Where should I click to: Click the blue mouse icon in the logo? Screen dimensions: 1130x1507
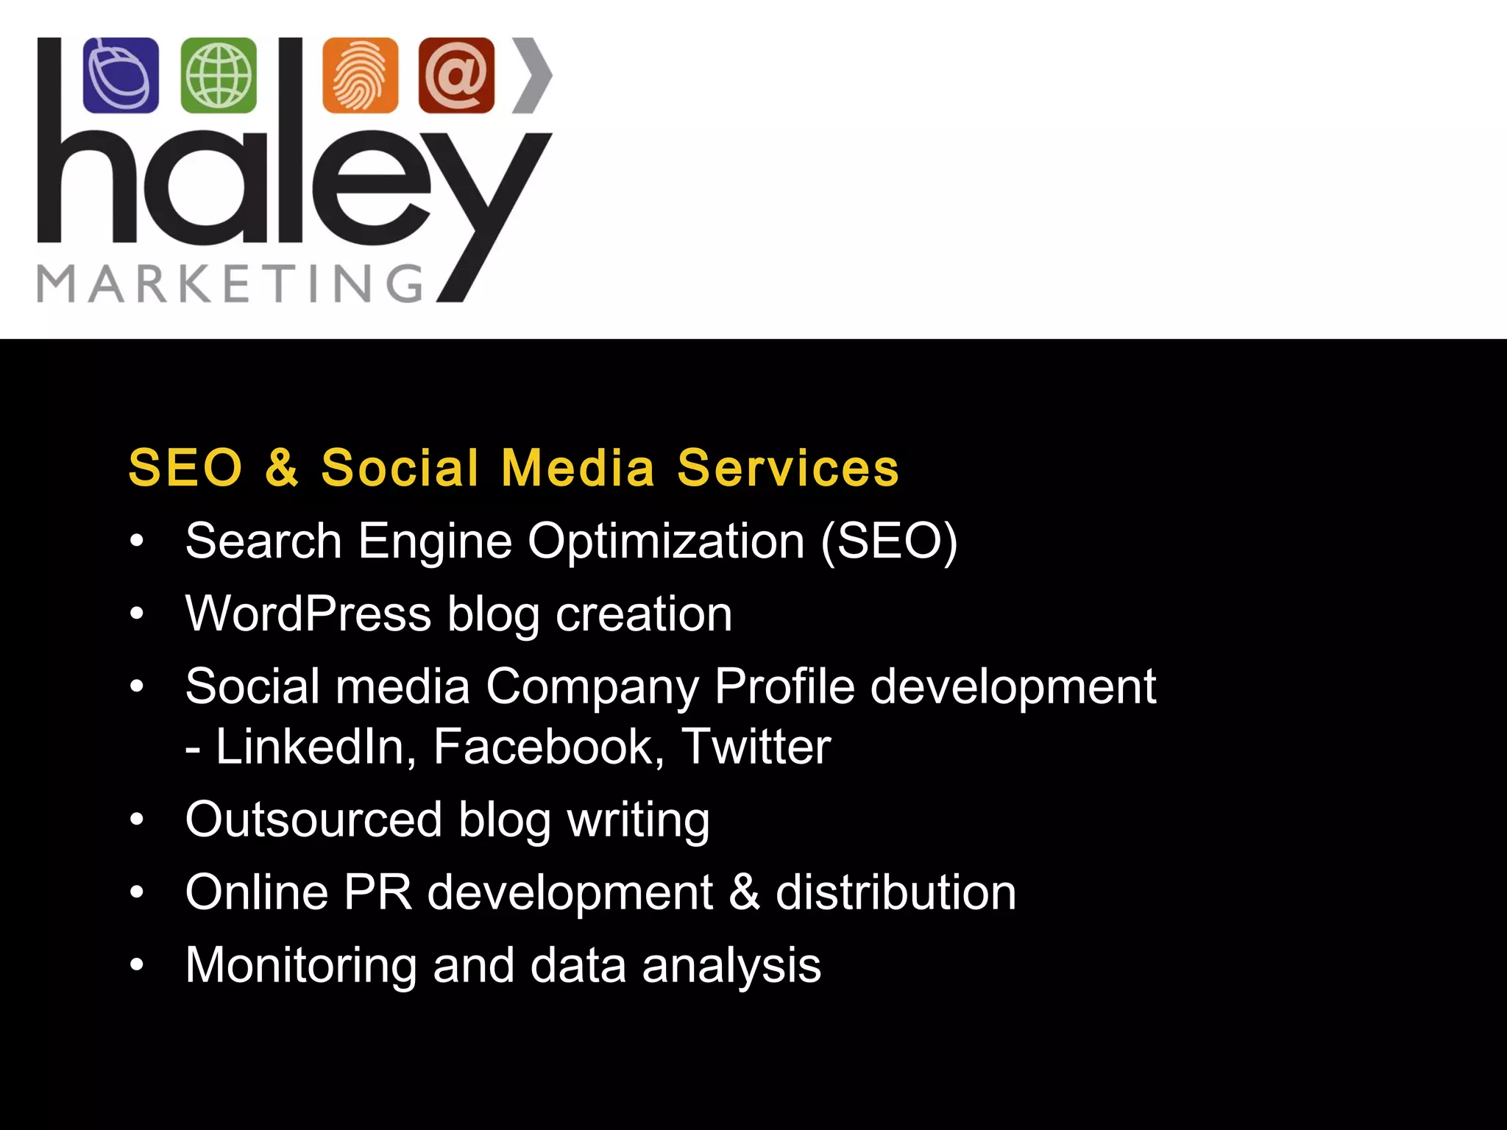pyautogui.click(x=121, y=76)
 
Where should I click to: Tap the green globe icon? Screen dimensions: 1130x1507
pyautogui.click(x=219, y=76)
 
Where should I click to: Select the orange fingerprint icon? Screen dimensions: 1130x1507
pyautogui.click(x=360, y=76)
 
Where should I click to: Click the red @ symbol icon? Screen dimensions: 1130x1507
pyautogui.click(x=456, y=76)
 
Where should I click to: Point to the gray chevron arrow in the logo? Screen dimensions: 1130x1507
pyautogui.click(x=533, y=76)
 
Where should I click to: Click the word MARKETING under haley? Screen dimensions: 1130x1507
pyautogui.click(x=230, y=284)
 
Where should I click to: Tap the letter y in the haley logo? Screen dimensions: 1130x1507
pyautogui.click(x=486, y=213)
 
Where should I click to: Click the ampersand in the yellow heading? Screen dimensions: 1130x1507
pyautogui.click(x=282, y=468)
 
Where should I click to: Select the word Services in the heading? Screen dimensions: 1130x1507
pyautogui.click(x=788, y=468)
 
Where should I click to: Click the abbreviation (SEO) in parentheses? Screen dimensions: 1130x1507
pyautogui.click(x=889, y=541)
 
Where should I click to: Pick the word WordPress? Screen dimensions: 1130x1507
pyautogui.click(x=308, y=614)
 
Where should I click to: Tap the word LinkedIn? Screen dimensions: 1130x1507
pyautogui.click(x=310, y=747)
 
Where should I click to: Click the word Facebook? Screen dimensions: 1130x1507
pyautogui.click(x=543, y=747)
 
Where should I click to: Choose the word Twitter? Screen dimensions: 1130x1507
pyautogui.click(x=756, y=747)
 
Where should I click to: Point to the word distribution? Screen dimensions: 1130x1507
pyautogui.click(x=896, y=892)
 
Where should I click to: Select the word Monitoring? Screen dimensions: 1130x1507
pyautogui.click(x=301, y=965)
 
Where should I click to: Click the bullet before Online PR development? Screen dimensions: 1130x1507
pyautogui.click(x=137, y=892)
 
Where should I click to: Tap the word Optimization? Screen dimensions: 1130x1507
pyautogui.click(x=666, y=541)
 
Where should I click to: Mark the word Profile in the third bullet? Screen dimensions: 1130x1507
pyautogui.click(x=784, y=687)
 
